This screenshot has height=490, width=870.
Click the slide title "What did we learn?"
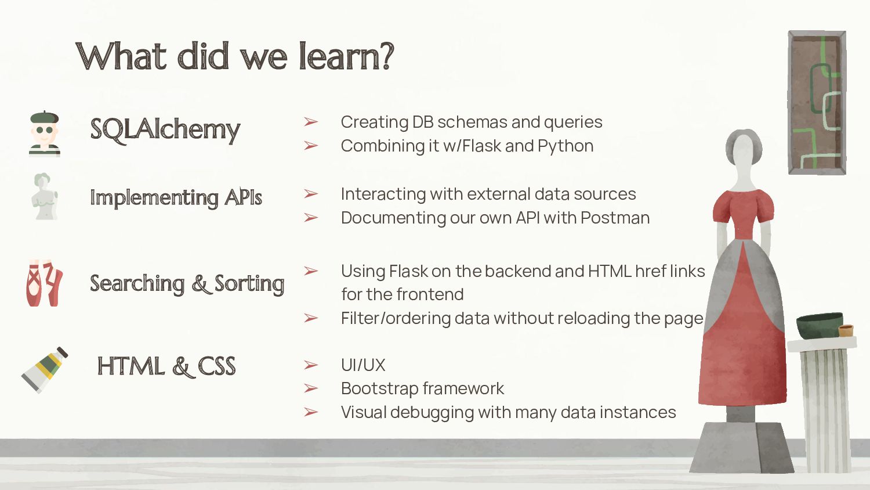click(235, 56)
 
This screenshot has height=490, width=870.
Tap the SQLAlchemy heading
click(165, 129)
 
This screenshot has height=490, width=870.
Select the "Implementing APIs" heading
click(176, 197)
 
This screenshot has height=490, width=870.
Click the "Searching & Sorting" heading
click(187, 283)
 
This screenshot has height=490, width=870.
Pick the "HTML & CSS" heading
click(166, 366)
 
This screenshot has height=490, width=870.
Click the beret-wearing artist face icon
click(44, 134)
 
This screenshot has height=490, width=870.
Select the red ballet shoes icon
click(44, 283)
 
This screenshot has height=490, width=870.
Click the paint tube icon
click(45, 370)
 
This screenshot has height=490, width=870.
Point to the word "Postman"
click(615, 218)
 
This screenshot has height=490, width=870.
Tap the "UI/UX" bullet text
click(363, 365)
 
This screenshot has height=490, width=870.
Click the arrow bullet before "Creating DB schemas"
click(311, 122)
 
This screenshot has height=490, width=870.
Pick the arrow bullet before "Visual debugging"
click(311, 412)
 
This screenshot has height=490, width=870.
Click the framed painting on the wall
click(817, 102)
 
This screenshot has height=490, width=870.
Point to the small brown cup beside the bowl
click(846, 330)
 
